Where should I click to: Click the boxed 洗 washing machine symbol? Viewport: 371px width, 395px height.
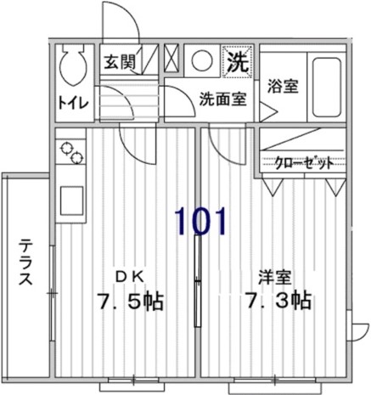pos(238,61)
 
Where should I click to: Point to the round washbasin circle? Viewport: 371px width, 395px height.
pos(200,62)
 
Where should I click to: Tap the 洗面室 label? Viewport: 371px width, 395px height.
pos(223,98)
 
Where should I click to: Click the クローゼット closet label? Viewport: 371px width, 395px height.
pos(304,164)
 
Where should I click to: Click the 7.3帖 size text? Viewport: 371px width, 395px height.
pos(276,301)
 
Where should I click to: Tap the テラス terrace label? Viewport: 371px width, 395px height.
pos(25,262)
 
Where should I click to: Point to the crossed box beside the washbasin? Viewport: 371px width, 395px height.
pos(171,60)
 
